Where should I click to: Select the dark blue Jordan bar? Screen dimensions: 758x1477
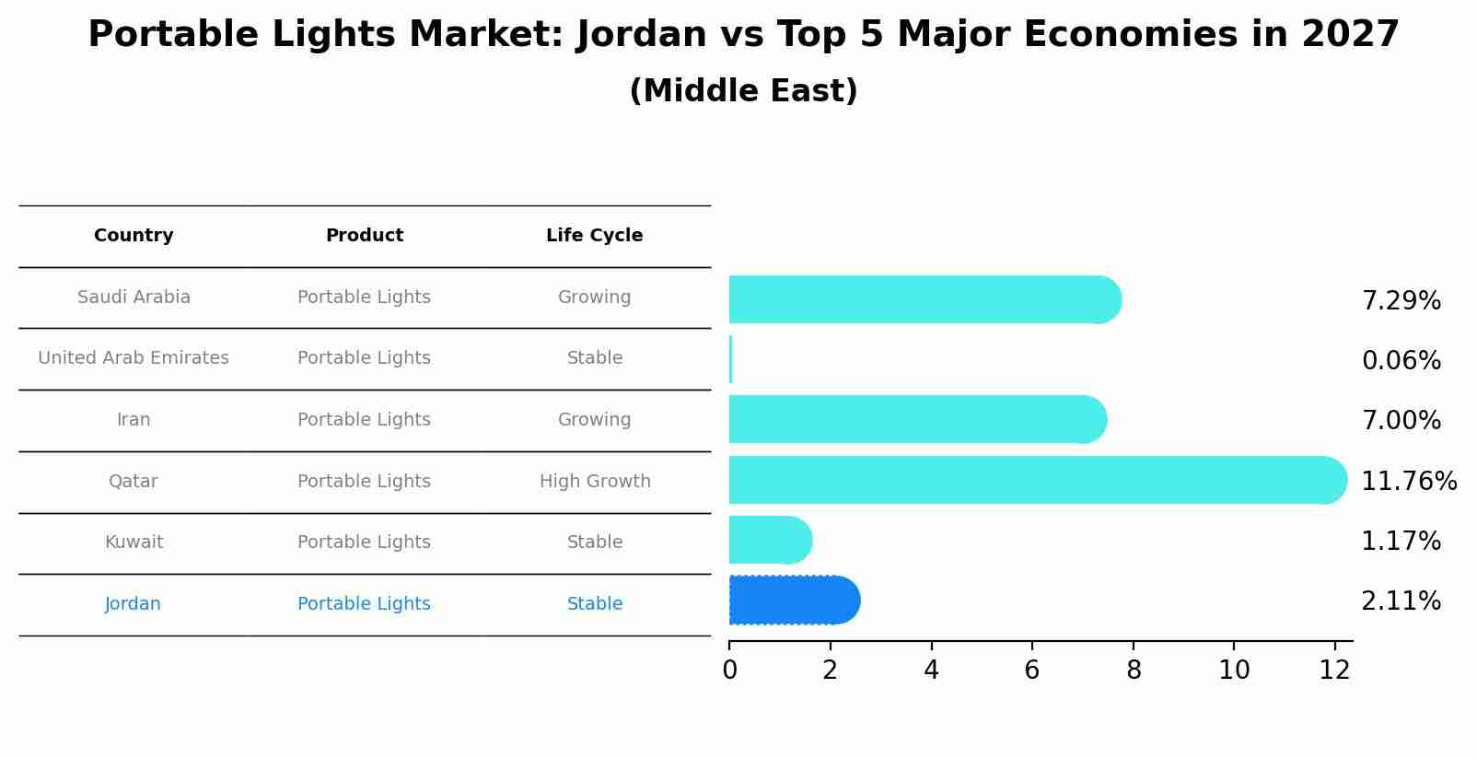tap(792, 601)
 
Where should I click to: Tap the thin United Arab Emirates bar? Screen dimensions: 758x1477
tap(730, 359)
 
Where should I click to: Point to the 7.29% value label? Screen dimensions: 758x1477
tap(1401, 301)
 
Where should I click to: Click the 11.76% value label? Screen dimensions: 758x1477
tap(1408, 482)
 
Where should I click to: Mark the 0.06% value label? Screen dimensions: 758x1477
tap(1401, 361)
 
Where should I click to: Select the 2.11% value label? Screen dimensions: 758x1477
tap(1401, 601)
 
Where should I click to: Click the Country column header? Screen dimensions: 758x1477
tap(134, 236)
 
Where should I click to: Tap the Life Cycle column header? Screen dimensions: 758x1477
tap(594, 236)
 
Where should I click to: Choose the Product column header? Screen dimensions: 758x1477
tap(364, 236)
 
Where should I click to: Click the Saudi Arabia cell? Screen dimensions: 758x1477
tap(134, 297)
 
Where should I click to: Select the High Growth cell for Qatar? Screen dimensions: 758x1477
tap(594, 482)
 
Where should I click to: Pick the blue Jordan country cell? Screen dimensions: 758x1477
tap(133, 604)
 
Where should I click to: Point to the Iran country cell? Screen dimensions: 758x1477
tap(134, 420)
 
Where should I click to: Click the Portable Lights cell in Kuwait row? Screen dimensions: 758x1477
tap(364, 542)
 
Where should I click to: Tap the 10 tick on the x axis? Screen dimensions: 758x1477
tap(1234, 671)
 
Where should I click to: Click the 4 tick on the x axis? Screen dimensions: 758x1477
tap(931, 671)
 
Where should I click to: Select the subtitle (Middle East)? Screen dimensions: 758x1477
tap(743, 91)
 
